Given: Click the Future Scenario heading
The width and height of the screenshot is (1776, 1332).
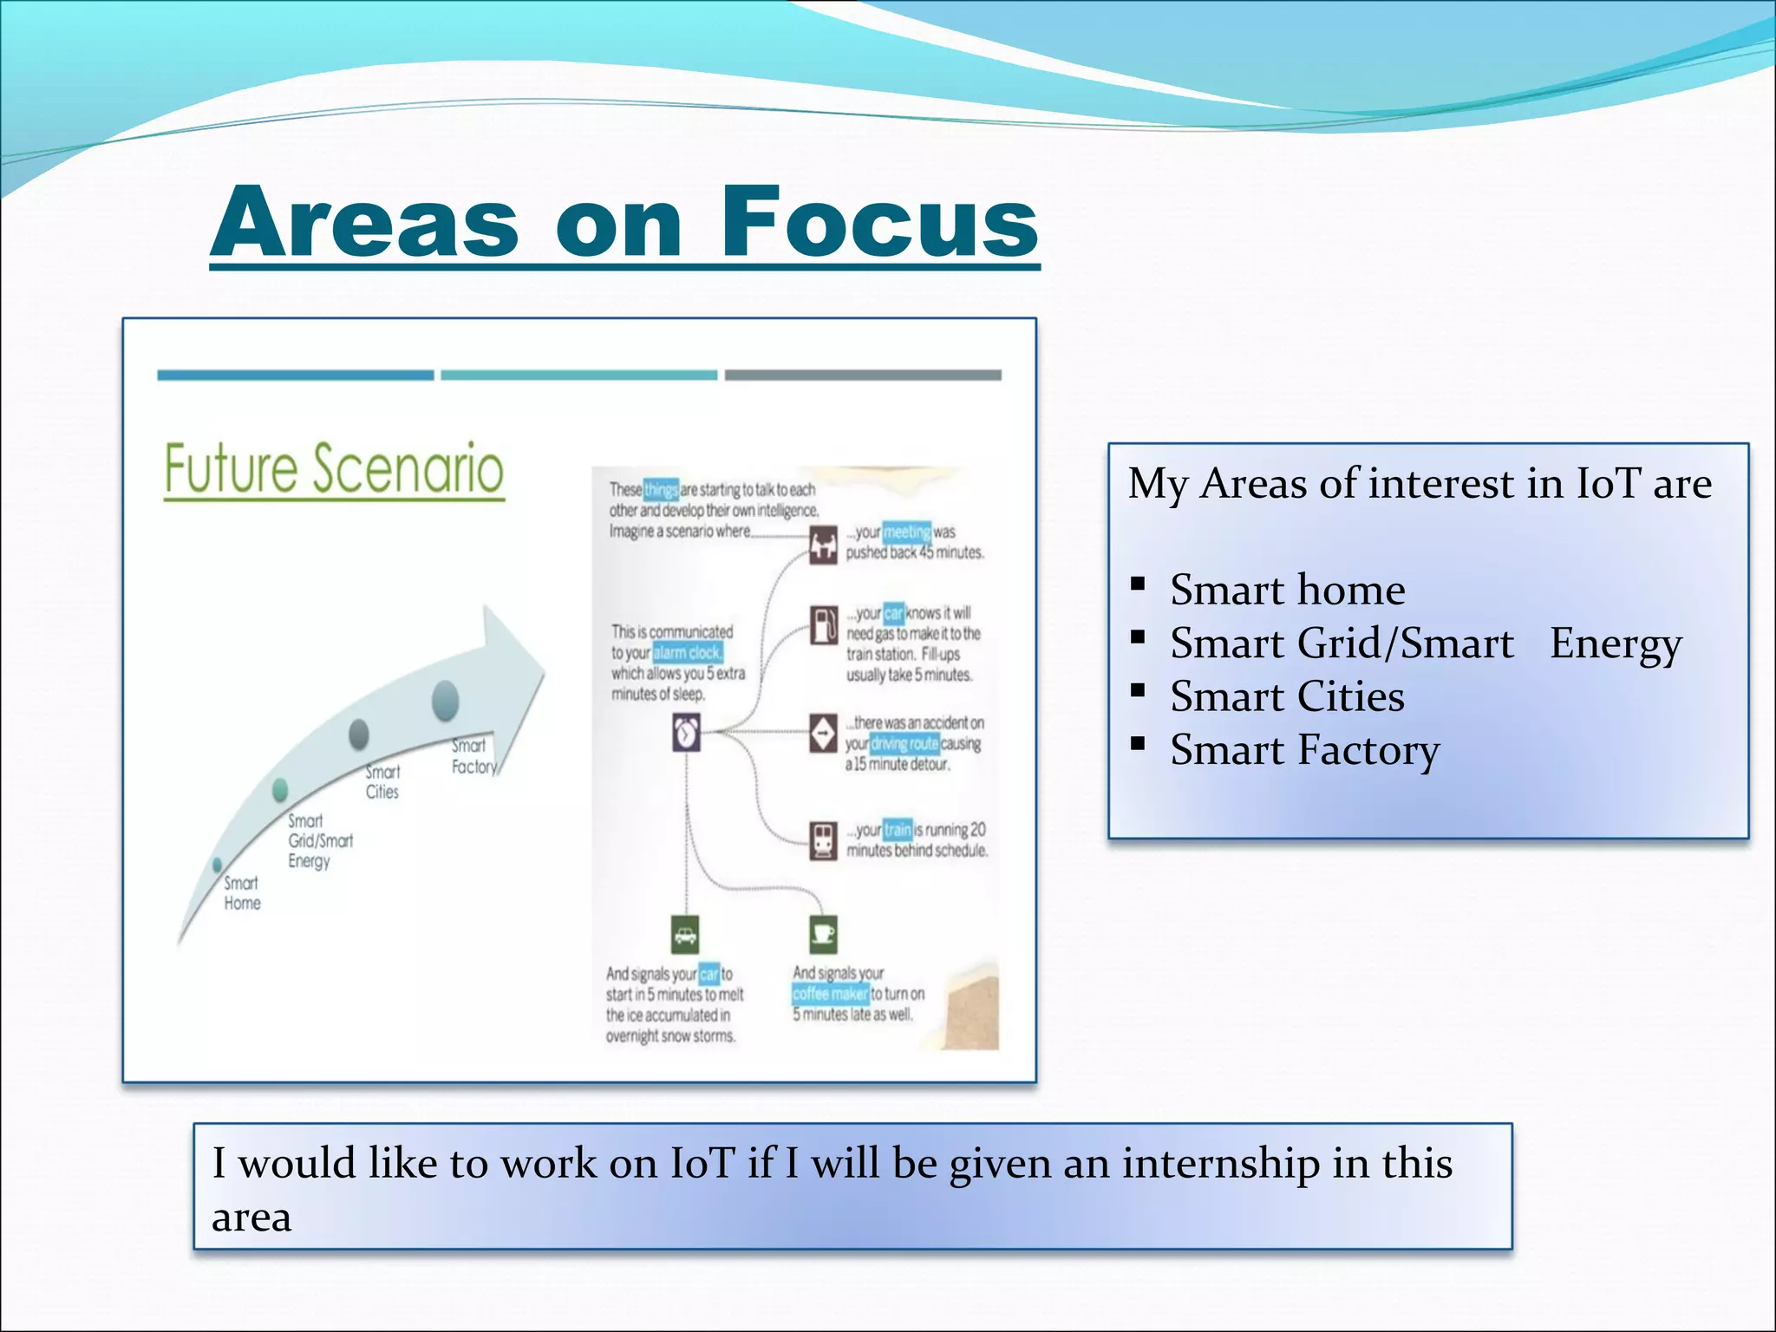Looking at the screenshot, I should click(334, 469).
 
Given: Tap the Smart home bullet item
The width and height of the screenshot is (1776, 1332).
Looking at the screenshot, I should click(1287, 590).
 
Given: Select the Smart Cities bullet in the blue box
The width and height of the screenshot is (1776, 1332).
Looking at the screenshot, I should click(1287, 696).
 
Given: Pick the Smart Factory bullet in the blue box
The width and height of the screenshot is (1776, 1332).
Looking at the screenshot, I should click(1304, 750).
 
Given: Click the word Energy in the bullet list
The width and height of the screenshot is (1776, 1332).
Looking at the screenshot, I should click(1615, 643).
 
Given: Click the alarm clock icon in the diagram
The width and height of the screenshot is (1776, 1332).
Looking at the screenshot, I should click(686, 734).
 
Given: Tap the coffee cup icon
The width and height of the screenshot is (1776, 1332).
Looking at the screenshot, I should click(823, 934).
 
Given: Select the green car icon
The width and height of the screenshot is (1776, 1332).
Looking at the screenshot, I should click(685, 935).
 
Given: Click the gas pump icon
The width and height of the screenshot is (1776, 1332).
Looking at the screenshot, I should click(824, 624).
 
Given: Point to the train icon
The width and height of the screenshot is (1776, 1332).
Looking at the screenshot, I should click(823, 839).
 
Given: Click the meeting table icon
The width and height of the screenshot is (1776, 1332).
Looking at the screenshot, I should click(823, 545).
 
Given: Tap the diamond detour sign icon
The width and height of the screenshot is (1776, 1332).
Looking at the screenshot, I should click(823, 733).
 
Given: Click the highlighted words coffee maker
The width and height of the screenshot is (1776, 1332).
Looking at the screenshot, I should click(830, 994).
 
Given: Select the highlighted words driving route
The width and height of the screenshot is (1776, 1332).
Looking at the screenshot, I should click(904, 743).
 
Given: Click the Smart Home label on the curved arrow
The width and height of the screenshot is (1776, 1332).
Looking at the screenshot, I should click(242, 893).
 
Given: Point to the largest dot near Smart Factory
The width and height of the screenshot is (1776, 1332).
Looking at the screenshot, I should click(445, 701).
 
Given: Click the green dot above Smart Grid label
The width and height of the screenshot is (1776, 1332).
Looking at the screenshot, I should click(280, 789).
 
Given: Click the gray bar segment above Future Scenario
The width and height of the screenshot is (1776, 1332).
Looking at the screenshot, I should click(863, 375).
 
